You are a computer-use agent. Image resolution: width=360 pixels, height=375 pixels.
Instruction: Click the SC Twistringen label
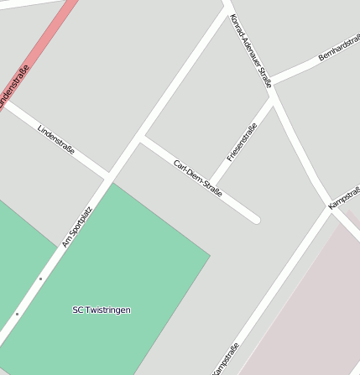coord(102,310)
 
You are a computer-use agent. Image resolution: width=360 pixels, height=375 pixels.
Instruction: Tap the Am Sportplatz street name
coord(77,227)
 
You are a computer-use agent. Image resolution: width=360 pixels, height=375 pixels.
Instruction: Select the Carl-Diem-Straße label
coord(198,178)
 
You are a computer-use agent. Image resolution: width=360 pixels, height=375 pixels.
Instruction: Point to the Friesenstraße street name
coord(242,143)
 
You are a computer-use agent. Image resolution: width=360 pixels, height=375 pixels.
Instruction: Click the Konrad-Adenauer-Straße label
coord(251,51)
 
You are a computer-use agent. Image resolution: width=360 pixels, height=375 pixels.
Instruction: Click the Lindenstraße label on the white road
coord(56,139)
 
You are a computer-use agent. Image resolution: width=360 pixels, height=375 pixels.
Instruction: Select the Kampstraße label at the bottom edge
coord(226,359)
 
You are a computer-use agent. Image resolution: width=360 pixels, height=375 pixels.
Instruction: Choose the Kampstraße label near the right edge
coord(344,194)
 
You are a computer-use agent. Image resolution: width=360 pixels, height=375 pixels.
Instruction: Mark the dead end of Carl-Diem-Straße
coord(255,220)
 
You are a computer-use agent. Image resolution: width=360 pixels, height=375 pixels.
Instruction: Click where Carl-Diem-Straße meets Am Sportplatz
coord(142,138)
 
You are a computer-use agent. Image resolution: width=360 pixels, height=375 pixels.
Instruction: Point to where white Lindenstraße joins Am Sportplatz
coord(109,177)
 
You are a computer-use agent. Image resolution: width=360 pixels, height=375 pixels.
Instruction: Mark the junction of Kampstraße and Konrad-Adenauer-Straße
coord(331,209)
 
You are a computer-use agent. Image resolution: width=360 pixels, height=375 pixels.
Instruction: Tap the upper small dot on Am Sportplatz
coord(40,279)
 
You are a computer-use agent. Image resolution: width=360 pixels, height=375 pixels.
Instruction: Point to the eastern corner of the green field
coord(209,253)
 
